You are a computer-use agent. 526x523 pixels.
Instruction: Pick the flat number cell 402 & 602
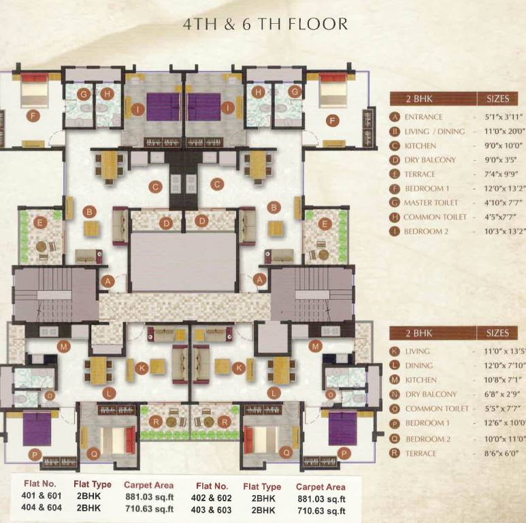[212, 498]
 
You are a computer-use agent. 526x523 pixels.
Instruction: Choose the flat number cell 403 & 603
[212, 509]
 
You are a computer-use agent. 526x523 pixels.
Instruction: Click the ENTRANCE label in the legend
[423, 117]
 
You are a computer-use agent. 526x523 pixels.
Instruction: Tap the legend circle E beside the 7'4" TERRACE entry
[394, 174]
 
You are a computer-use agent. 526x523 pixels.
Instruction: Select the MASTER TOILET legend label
[431, 203]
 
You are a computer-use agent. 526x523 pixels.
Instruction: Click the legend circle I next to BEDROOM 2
[394, 232]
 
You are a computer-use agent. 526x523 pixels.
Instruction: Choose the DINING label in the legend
[418, 366]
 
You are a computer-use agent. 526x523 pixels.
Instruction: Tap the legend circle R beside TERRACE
[394, 454]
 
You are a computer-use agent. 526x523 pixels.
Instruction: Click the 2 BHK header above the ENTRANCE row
[419, 98]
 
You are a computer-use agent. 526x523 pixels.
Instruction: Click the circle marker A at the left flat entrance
[106, 279]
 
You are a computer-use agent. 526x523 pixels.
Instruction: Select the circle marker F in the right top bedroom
[333, 121]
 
